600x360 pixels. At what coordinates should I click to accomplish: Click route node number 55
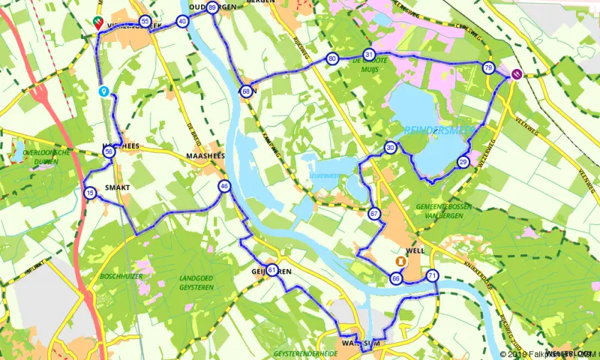[145, 21]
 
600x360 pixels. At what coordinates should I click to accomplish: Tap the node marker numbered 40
[182, 22]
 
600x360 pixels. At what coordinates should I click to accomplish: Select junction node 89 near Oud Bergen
[212, 7]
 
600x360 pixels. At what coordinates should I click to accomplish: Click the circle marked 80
[331, 58]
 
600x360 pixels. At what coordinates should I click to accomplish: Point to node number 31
[368, 55]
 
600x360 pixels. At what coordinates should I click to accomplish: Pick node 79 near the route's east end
[488, 68]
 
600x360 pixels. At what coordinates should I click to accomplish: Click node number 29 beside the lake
[463, 162]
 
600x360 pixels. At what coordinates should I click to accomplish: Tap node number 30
[390, 148]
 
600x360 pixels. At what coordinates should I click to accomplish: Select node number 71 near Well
[432, 276]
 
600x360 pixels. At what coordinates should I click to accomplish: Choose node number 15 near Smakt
[90, 193]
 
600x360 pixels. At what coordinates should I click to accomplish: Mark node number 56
[109, 152]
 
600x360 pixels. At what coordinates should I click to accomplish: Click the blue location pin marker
[104, 91]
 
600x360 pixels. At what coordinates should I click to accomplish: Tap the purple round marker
[517, 73]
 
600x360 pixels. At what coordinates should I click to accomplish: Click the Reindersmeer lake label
[439, 130]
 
